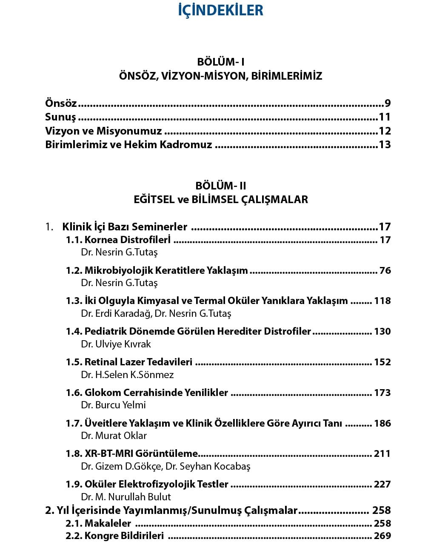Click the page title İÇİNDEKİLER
point(220,10)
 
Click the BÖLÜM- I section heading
point(220,62)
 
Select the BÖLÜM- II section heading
point(220,186)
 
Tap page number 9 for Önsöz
point(387,103)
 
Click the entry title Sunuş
point(60,117)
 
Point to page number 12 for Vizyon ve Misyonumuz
point(384,131)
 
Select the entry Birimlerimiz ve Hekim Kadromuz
point(128,144)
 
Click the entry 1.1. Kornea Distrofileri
point(118,240)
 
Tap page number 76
point(385,270)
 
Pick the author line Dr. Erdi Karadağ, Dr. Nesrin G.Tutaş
point(156,313)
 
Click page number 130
point(382,331)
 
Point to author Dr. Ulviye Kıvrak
point(116,344)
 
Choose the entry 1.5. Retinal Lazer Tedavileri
point(129,362)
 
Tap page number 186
point(382,423)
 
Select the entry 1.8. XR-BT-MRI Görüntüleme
point(132,453)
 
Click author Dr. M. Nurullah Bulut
point(126,497)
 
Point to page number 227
point(382,484)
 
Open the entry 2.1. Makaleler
point(98,523)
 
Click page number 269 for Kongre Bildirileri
point(382,536)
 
